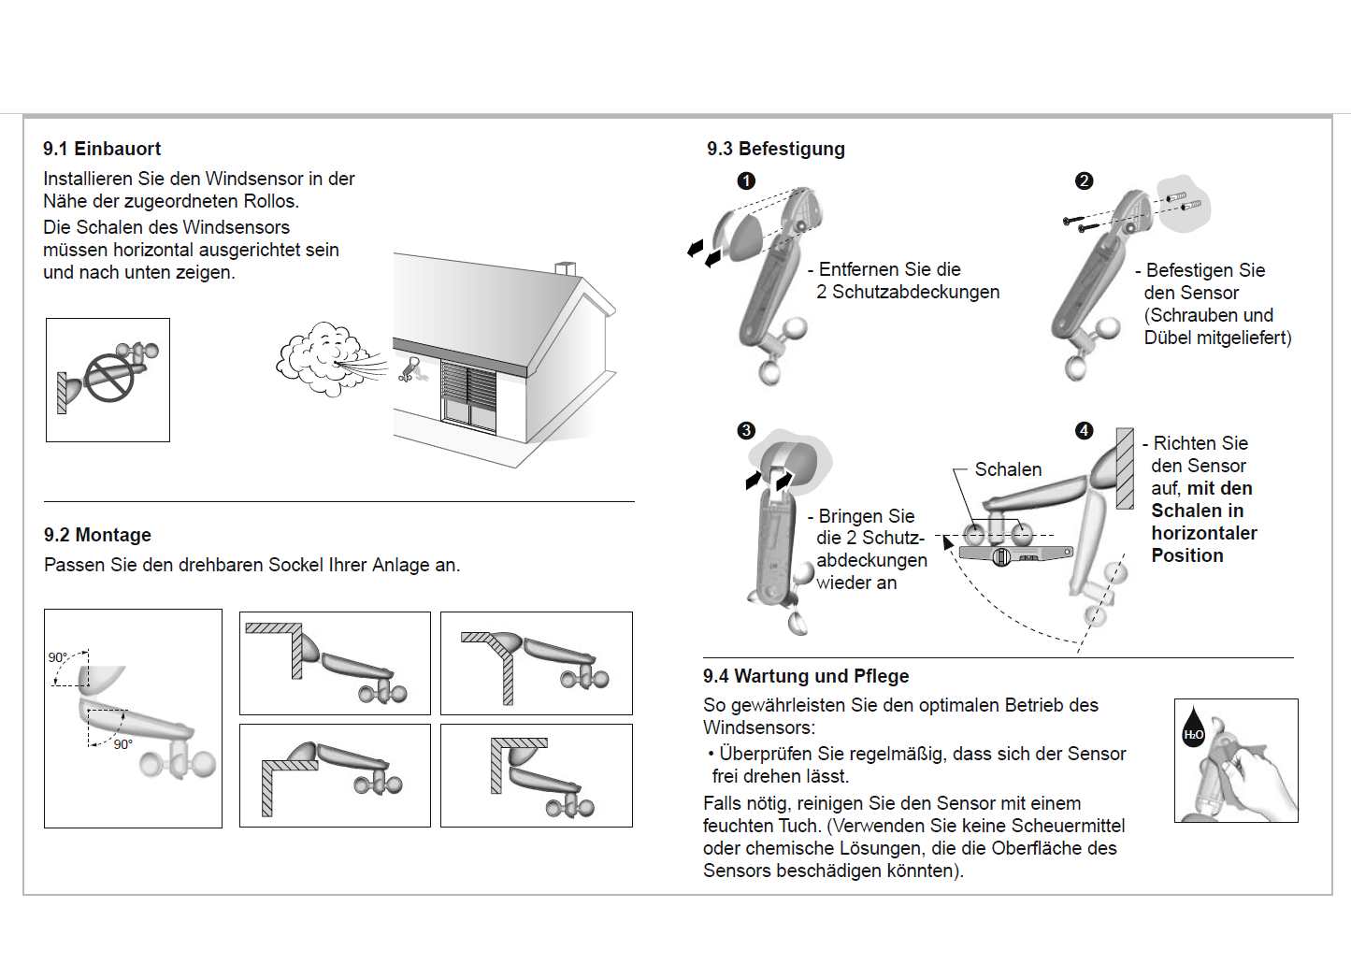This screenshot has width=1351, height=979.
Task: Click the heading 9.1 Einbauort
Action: pos(102,149)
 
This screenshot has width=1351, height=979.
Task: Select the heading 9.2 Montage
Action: pos(97,535)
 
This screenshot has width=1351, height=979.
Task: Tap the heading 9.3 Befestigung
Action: pos(776,149)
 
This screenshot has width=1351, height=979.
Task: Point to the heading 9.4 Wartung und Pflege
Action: pos(806,676)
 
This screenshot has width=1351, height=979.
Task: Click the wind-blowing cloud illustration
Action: pos(318,360)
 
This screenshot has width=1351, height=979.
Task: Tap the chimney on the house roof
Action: pos(566,268)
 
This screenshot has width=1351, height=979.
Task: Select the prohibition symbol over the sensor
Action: pos(109,377)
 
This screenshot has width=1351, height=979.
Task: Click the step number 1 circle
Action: pos(746,180)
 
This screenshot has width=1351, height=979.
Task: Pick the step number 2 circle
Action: pos(1084,180)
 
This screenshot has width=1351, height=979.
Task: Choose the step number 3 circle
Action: pos(746,430)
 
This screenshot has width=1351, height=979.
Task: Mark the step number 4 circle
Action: pos(1084,430)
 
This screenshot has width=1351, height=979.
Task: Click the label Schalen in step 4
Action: pos(1008,469)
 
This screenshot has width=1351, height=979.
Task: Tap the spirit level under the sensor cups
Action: pos(1013,554)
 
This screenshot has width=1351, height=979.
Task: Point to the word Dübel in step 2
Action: pos(1167,338)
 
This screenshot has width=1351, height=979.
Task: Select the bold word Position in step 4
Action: pos(1186,555)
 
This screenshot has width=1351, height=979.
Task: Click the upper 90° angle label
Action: pos(58,657)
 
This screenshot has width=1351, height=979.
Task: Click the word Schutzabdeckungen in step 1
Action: pos(915,292)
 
